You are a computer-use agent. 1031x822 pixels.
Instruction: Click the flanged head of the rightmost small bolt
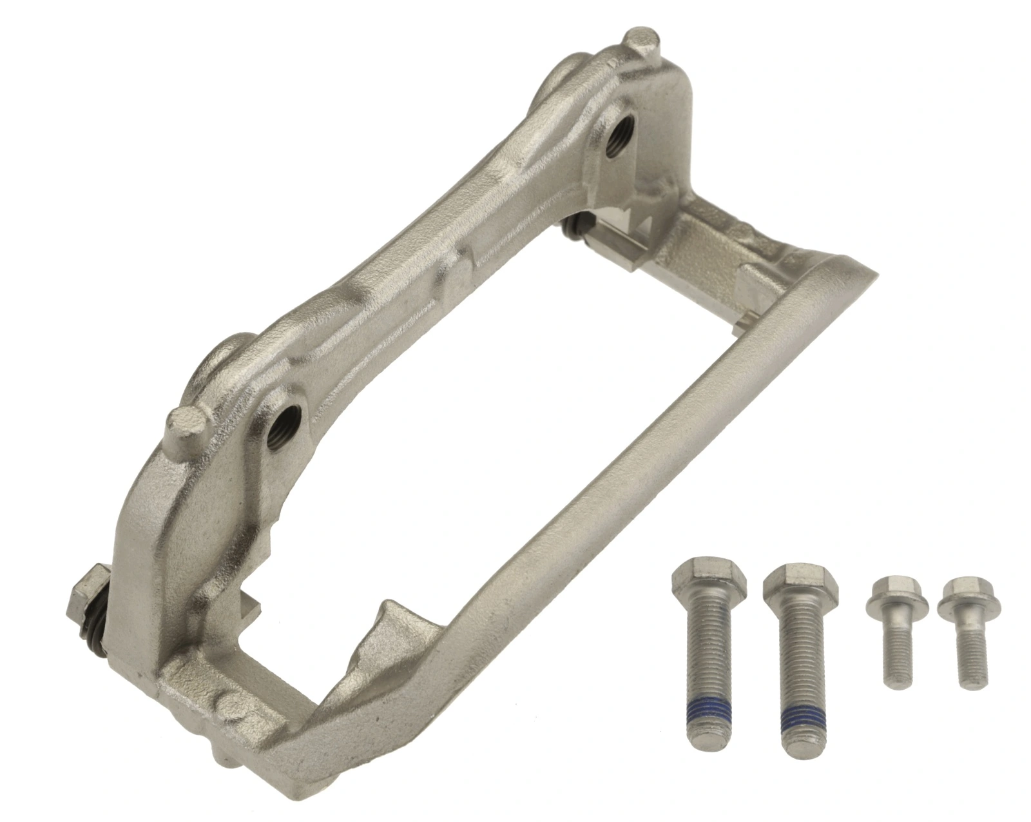tap(961, 600)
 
